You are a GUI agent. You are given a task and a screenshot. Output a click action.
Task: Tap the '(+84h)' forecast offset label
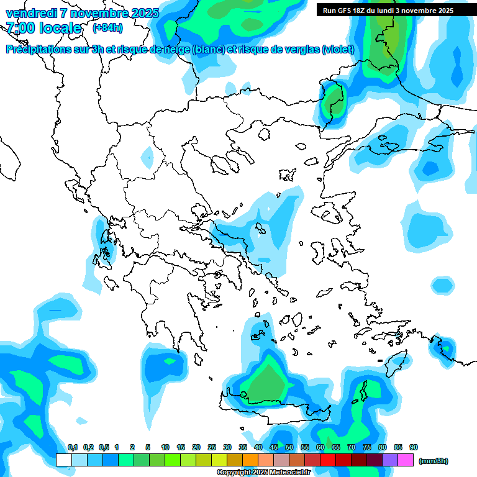pyautogui.click(x=107, y=28)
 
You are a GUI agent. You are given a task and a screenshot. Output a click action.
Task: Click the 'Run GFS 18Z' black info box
pyautogui.click(x=388, y=10)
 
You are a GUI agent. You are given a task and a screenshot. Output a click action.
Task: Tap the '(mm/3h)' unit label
pyautogui.click(x=434, y=461)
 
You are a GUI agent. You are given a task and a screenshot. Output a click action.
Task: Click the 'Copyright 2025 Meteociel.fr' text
pyautogui.click(x=263, y=472)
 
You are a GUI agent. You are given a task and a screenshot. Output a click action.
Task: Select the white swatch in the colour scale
pyautogui.click(x=63, y=460)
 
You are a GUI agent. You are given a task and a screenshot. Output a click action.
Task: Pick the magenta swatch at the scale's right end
pyautogui.click(x=406, y=460)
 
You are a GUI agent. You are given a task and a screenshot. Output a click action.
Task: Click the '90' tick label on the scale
pyautogui.click(x=414, y=447)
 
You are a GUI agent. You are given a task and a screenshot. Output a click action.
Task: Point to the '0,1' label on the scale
pyautogui.click(x=73, y=447)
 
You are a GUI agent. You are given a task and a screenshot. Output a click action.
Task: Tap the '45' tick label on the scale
pyautogui.click(x=274, y=447)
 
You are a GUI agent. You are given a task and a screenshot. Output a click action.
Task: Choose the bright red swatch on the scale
pyautogui.click(x=328, y=460)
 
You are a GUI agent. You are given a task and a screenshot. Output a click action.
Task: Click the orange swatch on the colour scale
pyautogui.click(x=250, y=460)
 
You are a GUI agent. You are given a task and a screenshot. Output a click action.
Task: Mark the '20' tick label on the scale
pyautogui.click(x=196, y=447)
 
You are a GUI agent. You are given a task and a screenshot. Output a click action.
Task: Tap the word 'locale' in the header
pyautogui.click(x=60, y=29)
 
